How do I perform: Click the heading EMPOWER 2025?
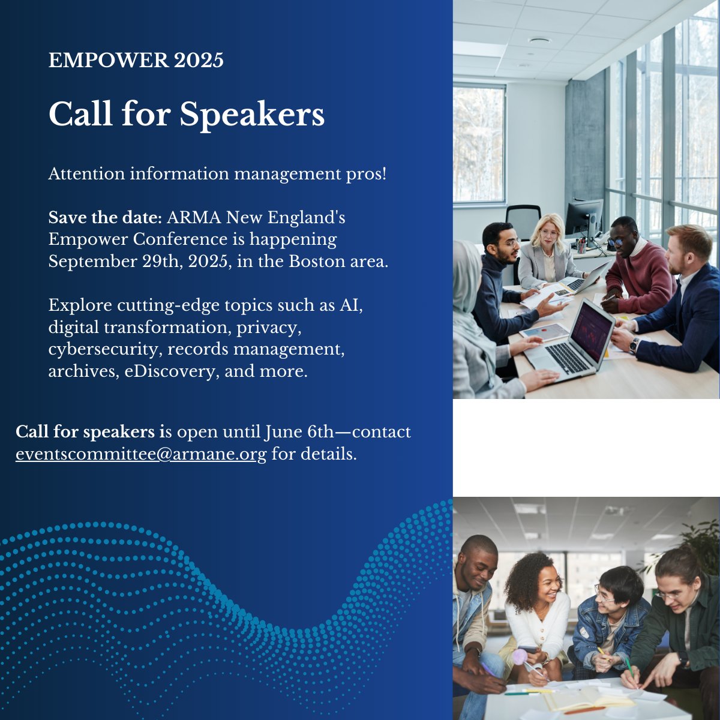click(x=136, y=61)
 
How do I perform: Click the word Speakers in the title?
click(x=252, y=114)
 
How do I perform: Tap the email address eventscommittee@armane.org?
click(x=141, y=454)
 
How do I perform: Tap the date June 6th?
click(x=290, y=432)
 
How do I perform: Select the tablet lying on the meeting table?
click(x=544, y=331)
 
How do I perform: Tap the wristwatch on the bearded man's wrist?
click(x=633, y=345)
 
